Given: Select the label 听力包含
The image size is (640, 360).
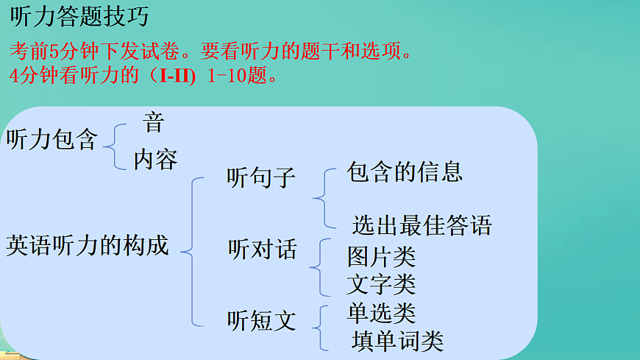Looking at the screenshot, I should point(51,139).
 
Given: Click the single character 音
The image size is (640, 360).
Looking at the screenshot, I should point(153,122).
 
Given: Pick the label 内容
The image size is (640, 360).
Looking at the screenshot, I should point(155,159).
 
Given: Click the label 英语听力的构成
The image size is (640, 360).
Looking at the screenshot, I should point(88,245).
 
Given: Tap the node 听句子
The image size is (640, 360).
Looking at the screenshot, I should point(261,177).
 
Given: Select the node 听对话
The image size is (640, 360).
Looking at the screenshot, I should point(263,250).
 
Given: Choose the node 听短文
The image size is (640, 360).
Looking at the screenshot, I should point(261,320).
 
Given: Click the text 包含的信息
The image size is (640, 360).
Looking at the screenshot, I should point(405,172).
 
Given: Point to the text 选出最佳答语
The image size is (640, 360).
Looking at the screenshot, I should point(422,225).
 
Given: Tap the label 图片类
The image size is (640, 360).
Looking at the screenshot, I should point(381,257).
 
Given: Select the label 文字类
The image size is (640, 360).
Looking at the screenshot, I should point(381,283).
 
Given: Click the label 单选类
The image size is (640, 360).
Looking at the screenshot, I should point(381,314).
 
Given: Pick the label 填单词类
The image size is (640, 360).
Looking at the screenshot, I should point(397,340).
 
